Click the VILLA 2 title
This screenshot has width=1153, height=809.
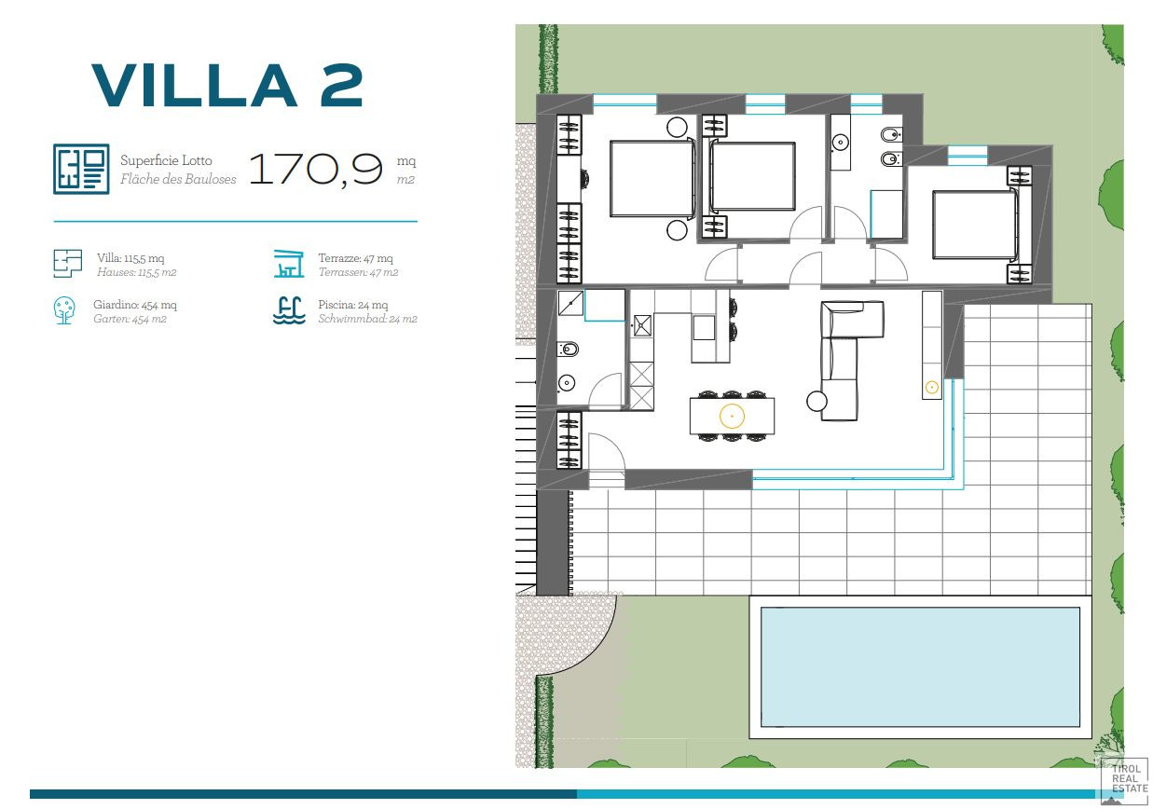click(x=227, y=85)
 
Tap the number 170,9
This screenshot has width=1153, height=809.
click(x=316, y=169)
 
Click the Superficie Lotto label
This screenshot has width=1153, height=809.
click(x=166, y=160)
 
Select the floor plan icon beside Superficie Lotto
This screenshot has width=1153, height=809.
click(x=81, y=169)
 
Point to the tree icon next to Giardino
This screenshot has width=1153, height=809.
click(x=64, y=310)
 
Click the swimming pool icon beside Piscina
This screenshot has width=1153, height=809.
click(x=289, y=310)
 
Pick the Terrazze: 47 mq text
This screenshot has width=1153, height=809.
click(x=356, y=258)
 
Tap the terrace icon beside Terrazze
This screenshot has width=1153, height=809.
click(x=289, y=264)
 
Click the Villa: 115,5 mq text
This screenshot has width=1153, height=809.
click(x=130, y=258)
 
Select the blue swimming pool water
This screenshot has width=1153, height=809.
click(x=920, y=667)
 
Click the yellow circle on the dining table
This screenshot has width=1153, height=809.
click(x=732, y=416)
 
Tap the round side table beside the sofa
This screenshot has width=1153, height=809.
click(x=817, y=401)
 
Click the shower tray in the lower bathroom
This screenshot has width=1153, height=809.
click(x=570, y=303)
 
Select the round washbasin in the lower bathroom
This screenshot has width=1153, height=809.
click(x=566, y=383)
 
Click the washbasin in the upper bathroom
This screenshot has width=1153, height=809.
click(x=841, y=142)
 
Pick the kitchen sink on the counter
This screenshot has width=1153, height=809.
click(x=642, y=325)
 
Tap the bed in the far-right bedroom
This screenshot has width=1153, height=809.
click(x=975, y=225)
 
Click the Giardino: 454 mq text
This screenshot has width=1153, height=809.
click(x=135, y=305)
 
